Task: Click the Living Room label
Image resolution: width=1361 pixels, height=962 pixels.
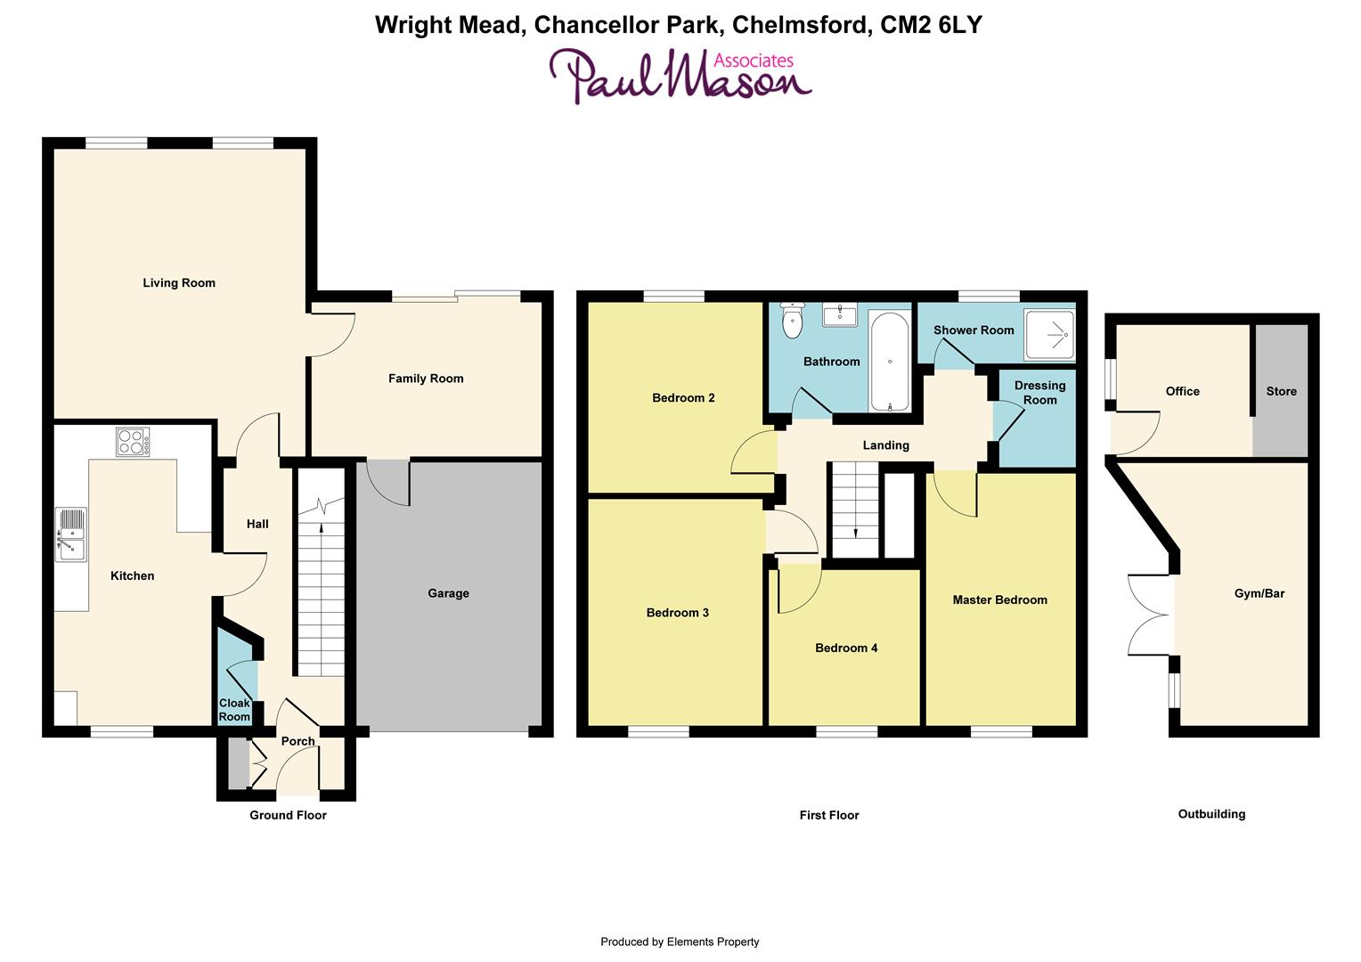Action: pos(179,283)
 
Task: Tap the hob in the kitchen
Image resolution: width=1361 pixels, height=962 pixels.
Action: pos(133,442)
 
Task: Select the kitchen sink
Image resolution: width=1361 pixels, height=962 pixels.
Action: pos(71,534)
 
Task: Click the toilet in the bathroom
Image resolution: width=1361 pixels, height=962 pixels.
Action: pos(791,320)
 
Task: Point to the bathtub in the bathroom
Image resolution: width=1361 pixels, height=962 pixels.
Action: pos(889,361)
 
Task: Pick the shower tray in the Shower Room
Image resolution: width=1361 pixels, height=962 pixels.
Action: pos(1049,330)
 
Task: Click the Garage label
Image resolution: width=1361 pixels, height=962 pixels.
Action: pos(448,593)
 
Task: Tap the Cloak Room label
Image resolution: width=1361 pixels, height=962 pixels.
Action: pos(234,710)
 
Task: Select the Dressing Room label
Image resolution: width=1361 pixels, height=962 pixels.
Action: pos(1039,393)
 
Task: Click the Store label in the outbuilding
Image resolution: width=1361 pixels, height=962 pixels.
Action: pos(1281,391)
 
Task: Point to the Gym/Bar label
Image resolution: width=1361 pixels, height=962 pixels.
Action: pos(1259,593)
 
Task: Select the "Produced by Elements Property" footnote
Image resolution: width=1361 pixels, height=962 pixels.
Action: pos(680,942)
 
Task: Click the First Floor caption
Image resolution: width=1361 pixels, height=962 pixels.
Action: pos(829,815)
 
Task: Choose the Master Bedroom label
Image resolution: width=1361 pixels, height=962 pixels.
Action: pos(999,599)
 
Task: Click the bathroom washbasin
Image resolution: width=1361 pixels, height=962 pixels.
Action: pos(840,314)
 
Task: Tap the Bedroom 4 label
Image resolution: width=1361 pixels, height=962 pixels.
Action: pos(846,648)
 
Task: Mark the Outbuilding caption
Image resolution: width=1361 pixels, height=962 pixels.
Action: pos(1211,814)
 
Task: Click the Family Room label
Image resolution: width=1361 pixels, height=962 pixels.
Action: pos(426,379)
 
